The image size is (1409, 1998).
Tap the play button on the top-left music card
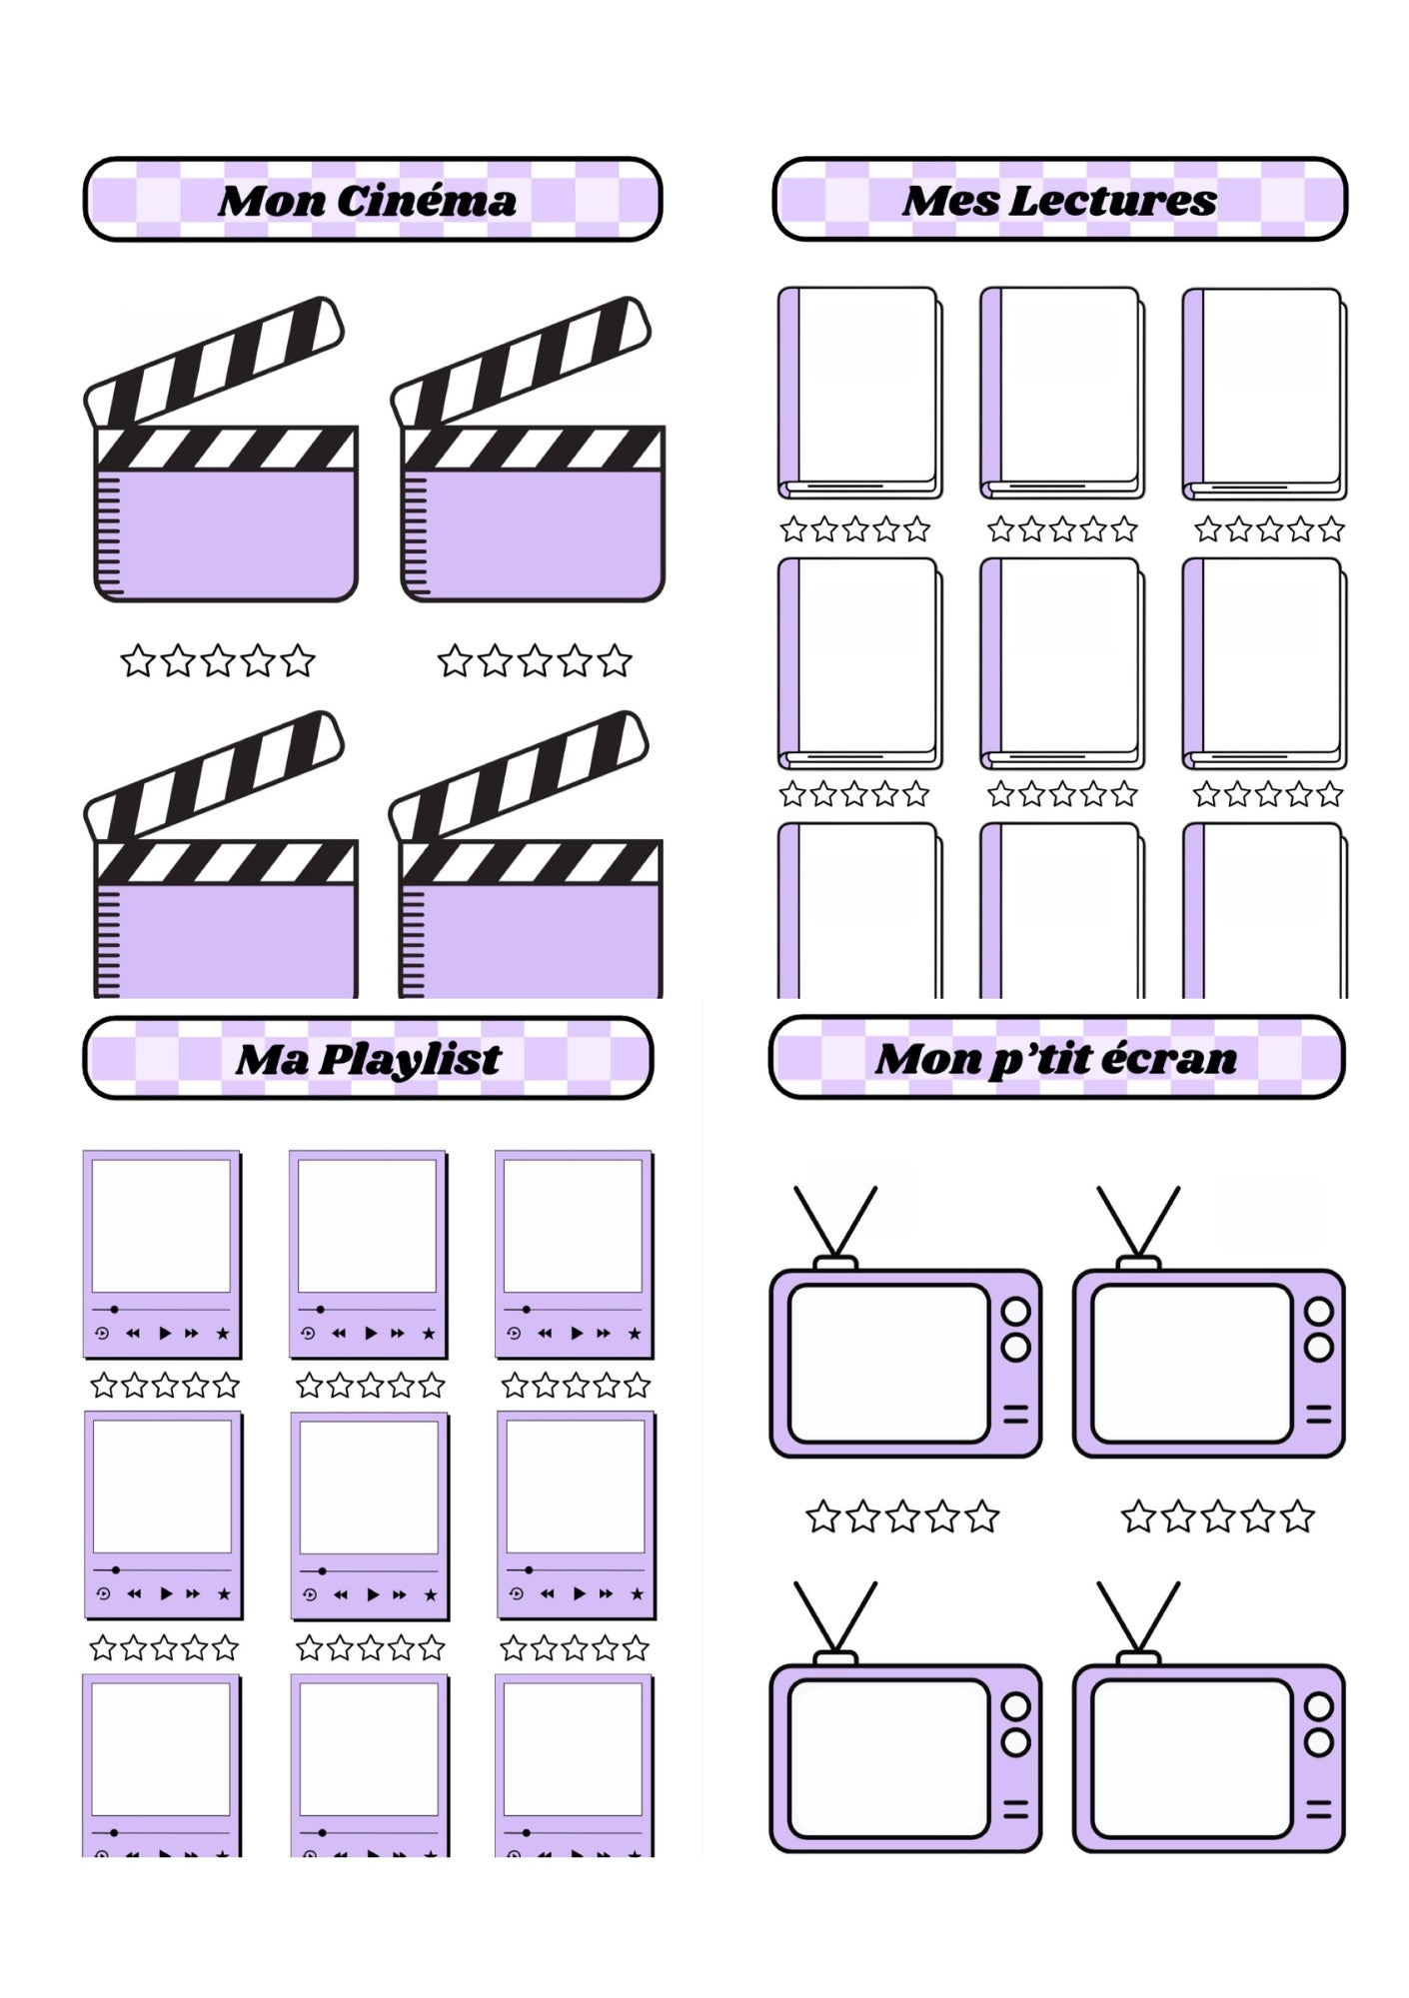pos(165,1333)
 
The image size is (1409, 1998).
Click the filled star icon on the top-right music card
pos(635,1333)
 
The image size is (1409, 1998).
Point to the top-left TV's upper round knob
pos(1016,1311)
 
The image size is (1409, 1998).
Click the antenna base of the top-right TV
pos(1138,1263)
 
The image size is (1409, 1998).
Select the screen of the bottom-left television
pos(887,1757)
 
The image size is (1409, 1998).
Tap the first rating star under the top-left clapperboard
pos(138,661)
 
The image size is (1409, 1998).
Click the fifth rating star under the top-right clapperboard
pos(615,661)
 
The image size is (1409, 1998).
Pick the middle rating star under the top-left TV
pos(902,1516)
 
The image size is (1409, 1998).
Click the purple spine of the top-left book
pos(788,390)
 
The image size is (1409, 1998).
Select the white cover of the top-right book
pos(1271,385)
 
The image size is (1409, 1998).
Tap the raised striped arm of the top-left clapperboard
pos(215,363)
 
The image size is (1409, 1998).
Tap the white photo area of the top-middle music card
pos(367,1226)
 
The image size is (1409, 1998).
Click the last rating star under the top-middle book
pos(1124,529)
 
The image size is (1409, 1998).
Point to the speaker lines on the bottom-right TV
pos(1319,1808)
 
